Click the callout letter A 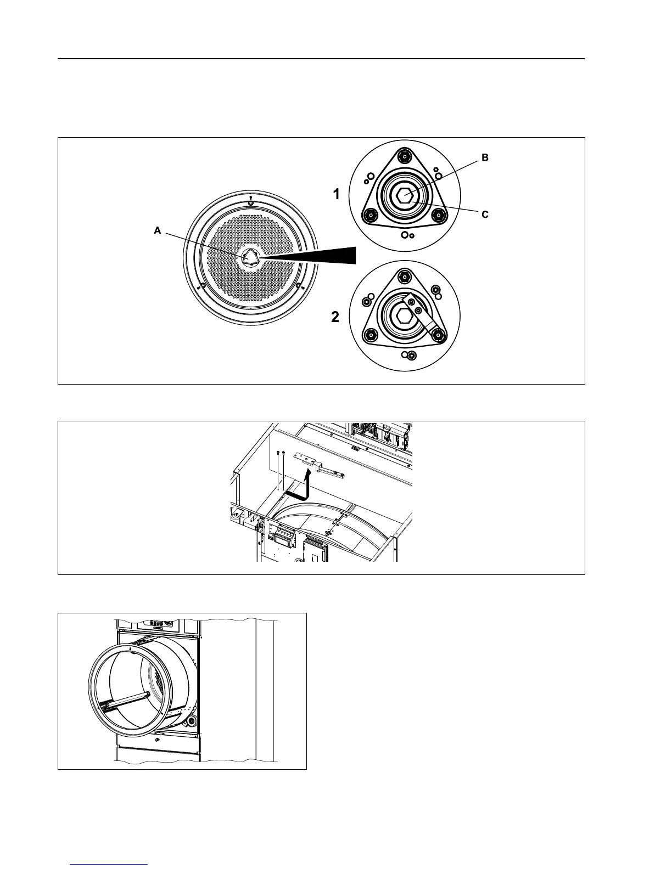(x=157, y=232)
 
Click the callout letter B (x=485, y=157)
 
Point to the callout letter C (x=485, y=215)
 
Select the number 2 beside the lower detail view (x=335, y=317)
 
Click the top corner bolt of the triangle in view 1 (x=404, y=156)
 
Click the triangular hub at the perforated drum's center (x=250, y=256)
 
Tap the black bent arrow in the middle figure (x=300, y=488)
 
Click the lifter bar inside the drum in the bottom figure (x=126, y=702)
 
